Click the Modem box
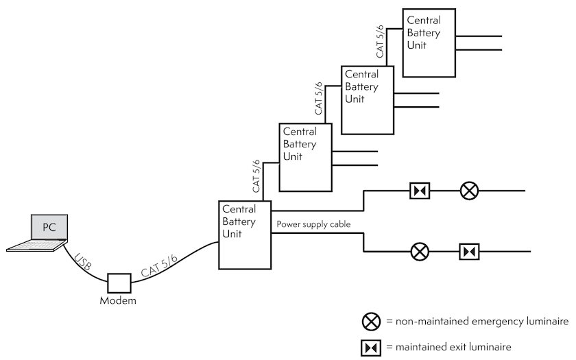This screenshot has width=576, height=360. click(119, 283)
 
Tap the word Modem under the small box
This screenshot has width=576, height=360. click(118, 300)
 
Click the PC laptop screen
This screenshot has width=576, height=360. click(49, 227)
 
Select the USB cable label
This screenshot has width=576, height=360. click(83, 261)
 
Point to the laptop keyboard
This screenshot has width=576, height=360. click(37, 245)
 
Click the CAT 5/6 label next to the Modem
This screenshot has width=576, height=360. click(159, 265)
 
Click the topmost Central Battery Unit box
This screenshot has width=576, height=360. click(429, 43)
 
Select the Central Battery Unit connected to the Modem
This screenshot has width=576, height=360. click(245, 235)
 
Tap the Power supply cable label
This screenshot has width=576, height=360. click(313, 224)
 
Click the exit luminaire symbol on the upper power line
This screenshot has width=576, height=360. click(420, 191)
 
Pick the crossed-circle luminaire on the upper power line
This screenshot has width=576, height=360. click(469, 191)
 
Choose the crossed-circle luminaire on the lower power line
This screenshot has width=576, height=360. click(420, 252)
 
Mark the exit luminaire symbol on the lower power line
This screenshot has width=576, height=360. click(469, 252)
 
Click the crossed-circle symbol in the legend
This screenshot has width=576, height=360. click(371, 322)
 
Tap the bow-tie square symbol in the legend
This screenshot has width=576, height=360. click(371, 348)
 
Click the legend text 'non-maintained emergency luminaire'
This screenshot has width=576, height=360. click(482, 322)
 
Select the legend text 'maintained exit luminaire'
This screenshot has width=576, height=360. click(453, 347)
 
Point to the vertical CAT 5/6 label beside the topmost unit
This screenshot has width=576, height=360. click(380, 42)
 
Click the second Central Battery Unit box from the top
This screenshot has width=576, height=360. click(368, 100)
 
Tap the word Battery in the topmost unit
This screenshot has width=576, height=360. click(424, 33)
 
